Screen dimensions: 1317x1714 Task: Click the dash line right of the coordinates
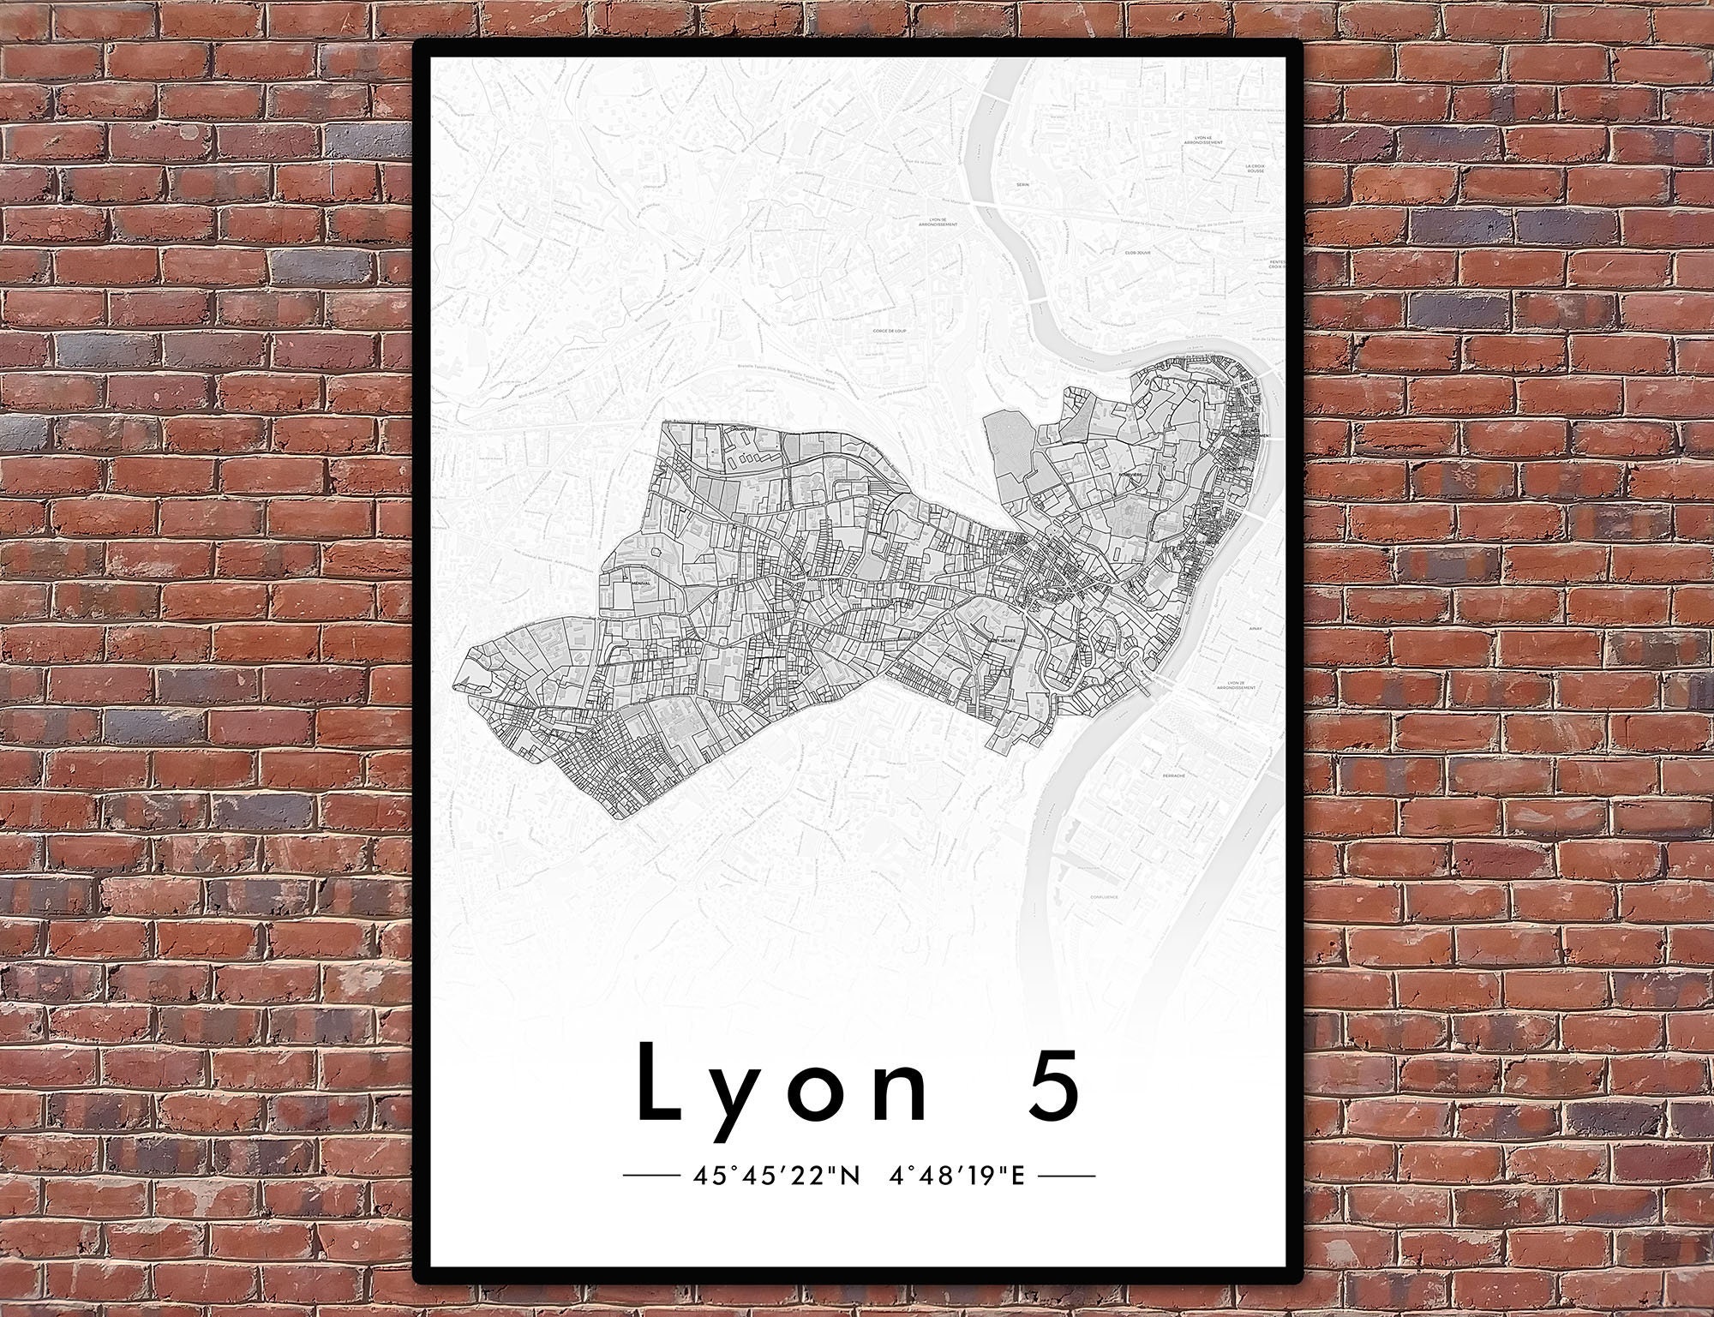click(1066, 1176)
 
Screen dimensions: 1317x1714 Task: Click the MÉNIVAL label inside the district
click(640, 583)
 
